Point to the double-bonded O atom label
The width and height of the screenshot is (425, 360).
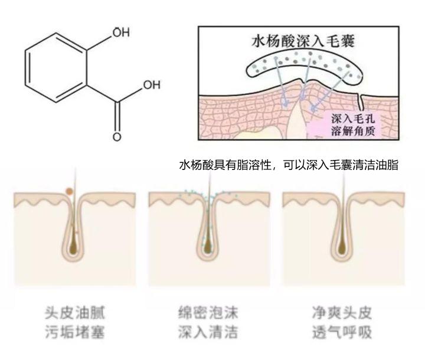pyautogui.click(x=117, y=137)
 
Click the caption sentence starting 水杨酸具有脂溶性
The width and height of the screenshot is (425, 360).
pyautogui.click(x=289, y=166)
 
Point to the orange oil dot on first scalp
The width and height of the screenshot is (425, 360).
pyautogui.click(x=70, y=191)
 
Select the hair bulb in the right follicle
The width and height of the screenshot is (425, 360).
pyautogui.click(x=342, y=242)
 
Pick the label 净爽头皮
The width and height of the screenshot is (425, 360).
pyautogui.click(x=342, y=312)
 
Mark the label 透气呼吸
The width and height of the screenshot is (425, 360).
pyautogui.click(x=342, y=332)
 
